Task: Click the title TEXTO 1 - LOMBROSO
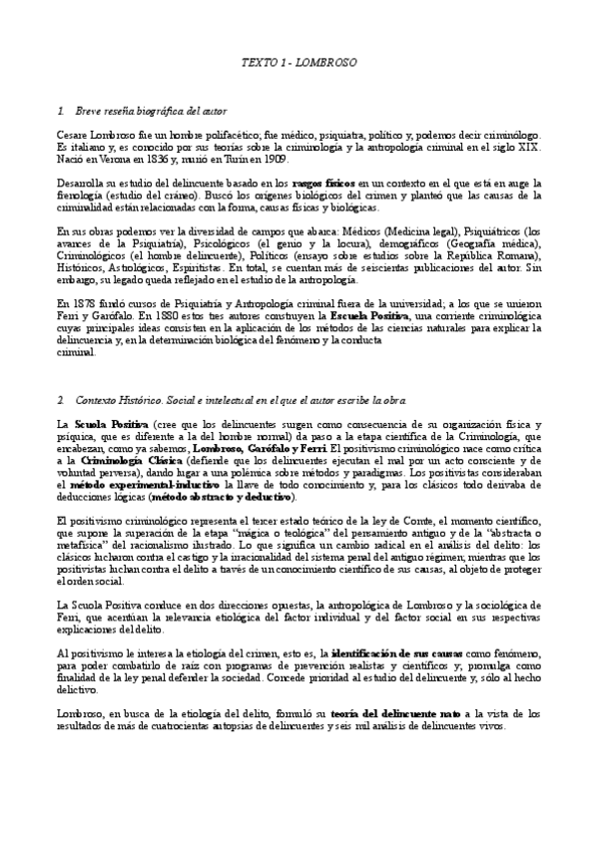[x=299, y=62]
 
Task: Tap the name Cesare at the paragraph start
[x=76, y=134]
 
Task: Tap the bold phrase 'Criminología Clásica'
[x=134, y=461]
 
